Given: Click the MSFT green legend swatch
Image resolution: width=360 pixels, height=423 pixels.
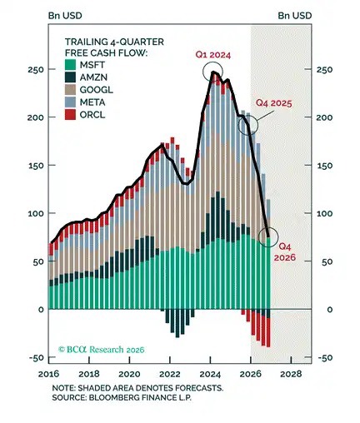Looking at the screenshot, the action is (70, 65).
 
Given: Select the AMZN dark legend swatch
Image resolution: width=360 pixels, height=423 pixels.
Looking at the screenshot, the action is (70, 77).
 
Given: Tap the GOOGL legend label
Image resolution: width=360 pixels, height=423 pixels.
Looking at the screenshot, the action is (97, 90).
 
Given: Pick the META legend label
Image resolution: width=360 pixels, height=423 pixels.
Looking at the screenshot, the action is (92, 102).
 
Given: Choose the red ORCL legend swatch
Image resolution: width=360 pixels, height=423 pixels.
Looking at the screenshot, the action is (70, 115).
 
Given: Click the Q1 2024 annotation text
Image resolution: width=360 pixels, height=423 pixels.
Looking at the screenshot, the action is (213, 55).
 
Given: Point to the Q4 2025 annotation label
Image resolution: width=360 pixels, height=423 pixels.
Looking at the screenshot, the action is (274, 103).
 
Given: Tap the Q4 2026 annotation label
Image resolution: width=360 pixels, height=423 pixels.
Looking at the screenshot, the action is (285, 251).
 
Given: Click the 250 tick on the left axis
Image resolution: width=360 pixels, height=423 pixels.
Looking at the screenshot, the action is (36, 69).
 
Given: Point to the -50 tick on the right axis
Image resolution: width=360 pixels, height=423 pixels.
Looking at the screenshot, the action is (324, 357).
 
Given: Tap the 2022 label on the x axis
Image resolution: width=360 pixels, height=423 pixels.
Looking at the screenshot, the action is (170, 374).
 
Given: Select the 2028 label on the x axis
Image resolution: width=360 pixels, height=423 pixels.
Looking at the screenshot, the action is (291, 374).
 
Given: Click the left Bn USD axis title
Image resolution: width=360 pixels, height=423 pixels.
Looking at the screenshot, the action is (65, 16).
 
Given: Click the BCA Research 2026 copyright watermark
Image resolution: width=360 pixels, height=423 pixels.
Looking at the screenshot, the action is (102, 349).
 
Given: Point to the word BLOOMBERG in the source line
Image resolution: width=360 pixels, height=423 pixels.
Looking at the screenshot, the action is (114, 397).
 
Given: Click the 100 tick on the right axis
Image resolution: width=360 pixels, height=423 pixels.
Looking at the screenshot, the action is (324, 213).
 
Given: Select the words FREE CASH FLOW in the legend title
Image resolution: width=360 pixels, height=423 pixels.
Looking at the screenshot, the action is (106, 52).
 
